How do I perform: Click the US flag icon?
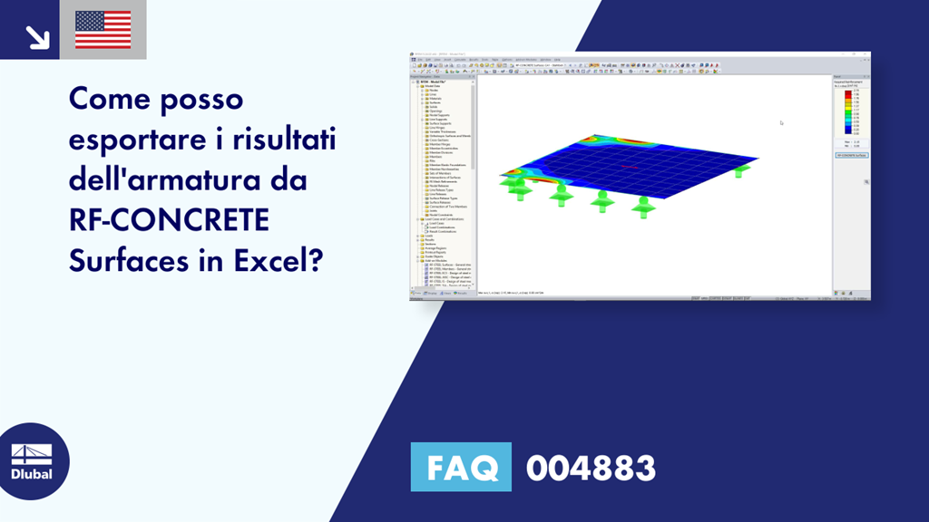coord(103,30)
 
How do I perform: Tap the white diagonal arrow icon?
coord(37,35)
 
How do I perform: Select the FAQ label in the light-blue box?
coord(461,468)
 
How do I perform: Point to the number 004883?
coord(591,468)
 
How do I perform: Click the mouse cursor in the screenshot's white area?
coord(781,123)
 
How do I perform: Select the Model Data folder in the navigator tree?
coord(432,85)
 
